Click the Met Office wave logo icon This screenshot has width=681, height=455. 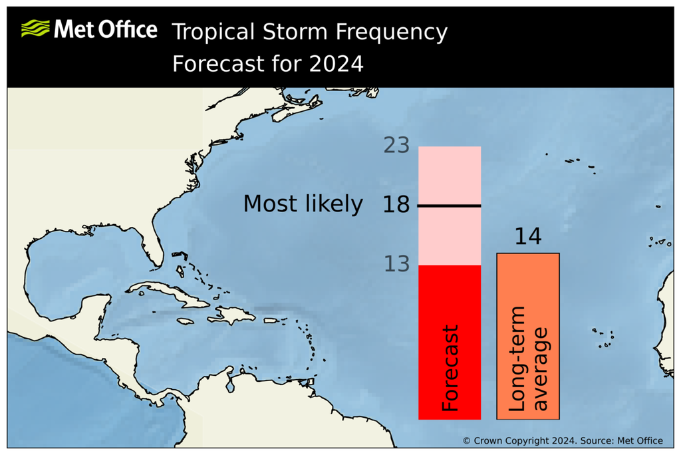[35, 29]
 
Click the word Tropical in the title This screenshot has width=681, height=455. [213, 31]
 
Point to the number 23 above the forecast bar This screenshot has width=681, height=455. [396, 145]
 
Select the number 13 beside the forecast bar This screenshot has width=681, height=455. [396, 265]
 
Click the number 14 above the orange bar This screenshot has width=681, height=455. [528, 237]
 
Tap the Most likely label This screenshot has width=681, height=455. [303, 204]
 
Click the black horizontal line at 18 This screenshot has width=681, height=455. [450, 206]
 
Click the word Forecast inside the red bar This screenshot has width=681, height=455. [450, 368]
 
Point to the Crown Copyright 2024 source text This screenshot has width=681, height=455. [562, 440]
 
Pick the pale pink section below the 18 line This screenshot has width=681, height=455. [450, 236]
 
